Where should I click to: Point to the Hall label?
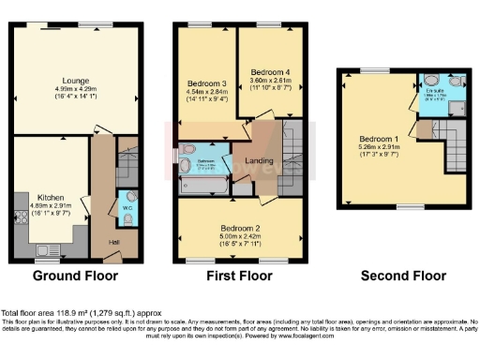(x=113, y=243)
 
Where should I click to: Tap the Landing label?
(x=259, y=160)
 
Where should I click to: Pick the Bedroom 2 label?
(x=240, y=228)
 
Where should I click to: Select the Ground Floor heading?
(x=75, y=277)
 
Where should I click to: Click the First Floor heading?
(x=240, y=277)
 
